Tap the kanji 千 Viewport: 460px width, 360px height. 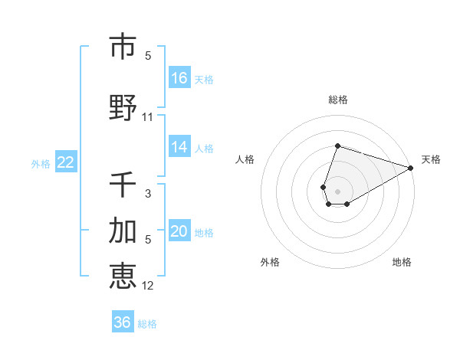(123, 185)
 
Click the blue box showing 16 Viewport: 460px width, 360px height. (179, 78)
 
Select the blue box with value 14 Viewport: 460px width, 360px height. (179, 148)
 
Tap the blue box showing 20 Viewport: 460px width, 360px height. (179, 232)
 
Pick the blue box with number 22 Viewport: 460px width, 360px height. (66, 162)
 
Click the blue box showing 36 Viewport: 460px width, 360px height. (123, 322)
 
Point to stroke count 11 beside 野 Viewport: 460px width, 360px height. (148, 117)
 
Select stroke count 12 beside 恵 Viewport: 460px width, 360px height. (148, 286)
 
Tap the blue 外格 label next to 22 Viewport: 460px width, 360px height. (41, 163)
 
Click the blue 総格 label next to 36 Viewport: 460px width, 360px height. (147, 324)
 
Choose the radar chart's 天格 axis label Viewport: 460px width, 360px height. (431, 159)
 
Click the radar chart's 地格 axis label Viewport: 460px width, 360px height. (402, 262)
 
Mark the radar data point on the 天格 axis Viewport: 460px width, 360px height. (411, 169)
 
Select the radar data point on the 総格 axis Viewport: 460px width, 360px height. (337, 146)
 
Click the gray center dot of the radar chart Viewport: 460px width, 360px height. (337, 191)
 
